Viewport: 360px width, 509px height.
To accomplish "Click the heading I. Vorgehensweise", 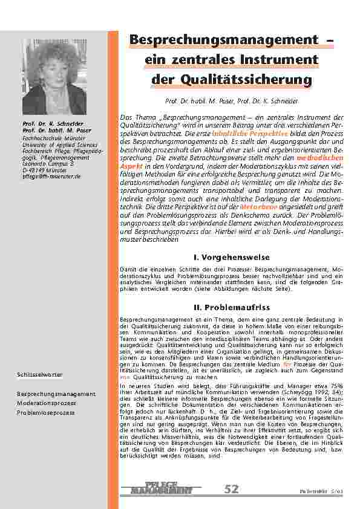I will [x=231, y=258].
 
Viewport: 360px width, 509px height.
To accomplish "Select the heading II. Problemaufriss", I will [x=231, y=308].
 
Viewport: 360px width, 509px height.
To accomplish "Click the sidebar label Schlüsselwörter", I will [x=39, y=375].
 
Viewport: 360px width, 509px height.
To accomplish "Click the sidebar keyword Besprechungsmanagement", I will [x=56, y=394].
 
